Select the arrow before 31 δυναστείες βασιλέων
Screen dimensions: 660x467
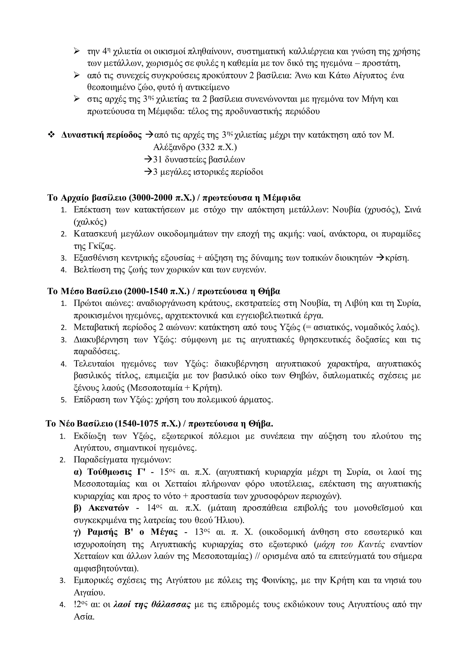(x=148, y=160)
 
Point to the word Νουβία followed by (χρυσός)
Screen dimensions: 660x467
(x=346, y=210)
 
